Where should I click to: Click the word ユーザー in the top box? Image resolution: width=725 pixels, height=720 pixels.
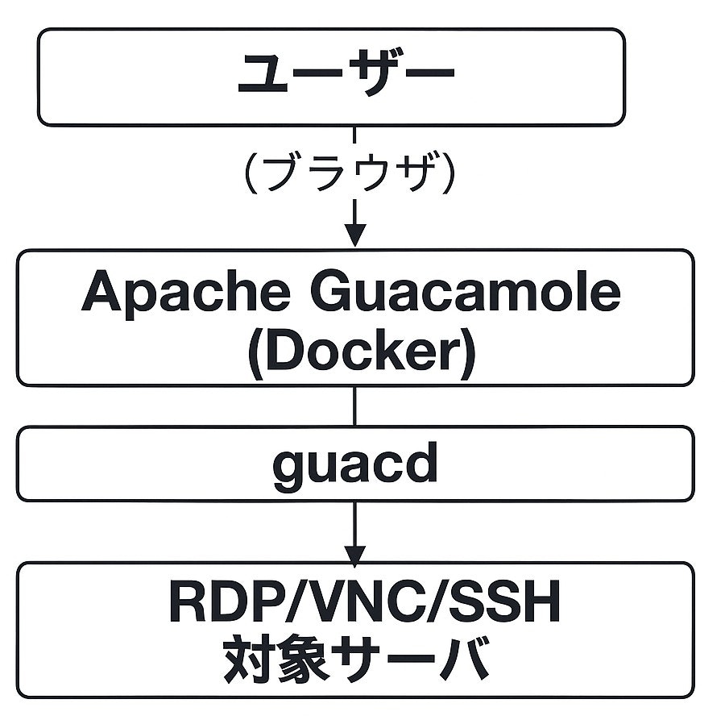tap(346, 76)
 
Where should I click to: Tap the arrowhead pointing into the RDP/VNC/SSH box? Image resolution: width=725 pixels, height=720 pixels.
tap(355, 555)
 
